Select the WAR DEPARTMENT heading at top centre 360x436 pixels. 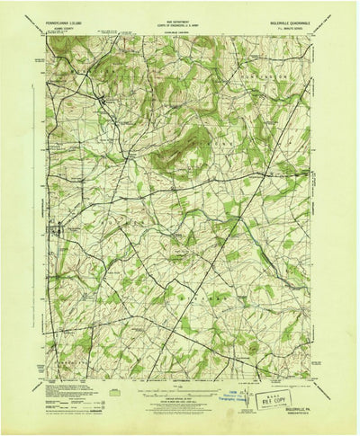[x=179, y=13]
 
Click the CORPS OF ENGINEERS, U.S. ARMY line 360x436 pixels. [x=179, y=19]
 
